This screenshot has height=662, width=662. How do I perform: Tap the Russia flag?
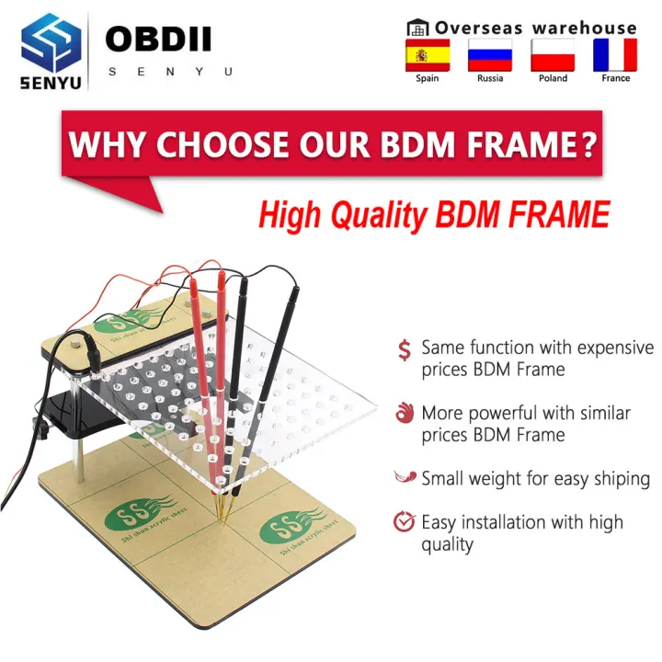coord(489,55)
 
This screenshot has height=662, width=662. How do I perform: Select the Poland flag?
coord(553,55)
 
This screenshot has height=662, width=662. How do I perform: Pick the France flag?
coord(615,55)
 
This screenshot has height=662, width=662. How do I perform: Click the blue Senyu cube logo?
coord(51,41)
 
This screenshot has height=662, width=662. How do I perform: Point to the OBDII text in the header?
coord(158,40)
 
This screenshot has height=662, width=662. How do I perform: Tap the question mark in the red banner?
coord(588,144)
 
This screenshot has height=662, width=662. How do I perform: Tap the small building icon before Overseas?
coord(418,28)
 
